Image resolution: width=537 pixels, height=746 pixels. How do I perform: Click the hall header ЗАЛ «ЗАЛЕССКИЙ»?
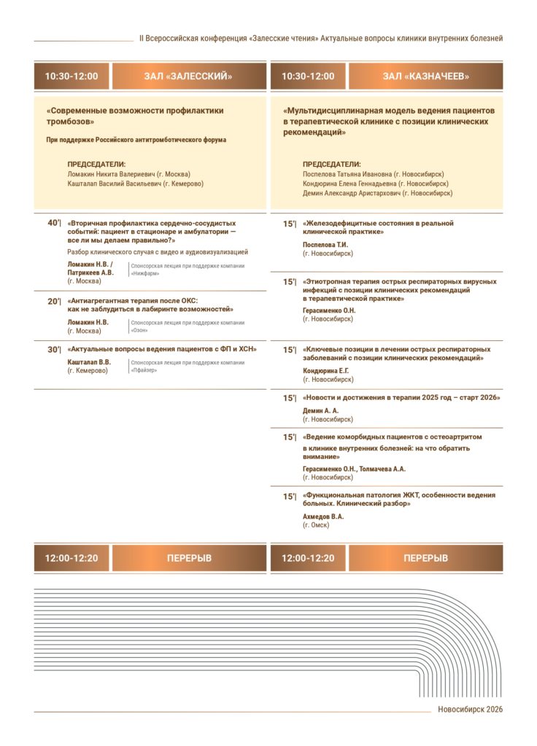point(188,76)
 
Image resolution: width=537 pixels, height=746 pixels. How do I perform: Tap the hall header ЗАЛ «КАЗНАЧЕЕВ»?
point(425,76)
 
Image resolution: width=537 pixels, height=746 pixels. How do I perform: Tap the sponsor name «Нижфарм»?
point(146,275)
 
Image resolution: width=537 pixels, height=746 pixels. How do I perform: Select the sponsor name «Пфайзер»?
point(144,370)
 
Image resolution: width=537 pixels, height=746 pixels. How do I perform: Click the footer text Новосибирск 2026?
point(471,710)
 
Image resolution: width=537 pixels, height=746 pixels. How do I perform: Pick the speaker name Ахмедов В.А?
point(323,517)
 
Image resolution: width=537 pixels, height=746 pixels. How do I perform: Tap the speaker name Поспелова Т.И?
point(325,245)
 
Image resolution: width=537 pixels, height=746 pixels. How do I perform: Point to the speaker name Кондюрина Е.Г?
point(326,371)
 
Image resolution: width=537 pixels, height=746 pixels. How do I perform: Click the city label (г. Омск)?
point(316,525)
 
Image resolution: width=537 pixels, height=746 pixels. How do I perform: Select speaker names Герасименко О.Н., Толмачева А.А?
point(354,468)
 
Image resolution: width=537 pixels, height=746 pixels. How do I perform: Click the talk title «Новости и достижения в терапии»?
point(401,398)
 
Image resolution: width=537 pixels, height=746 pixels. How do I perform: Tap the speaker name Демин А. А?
point(321,411)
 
